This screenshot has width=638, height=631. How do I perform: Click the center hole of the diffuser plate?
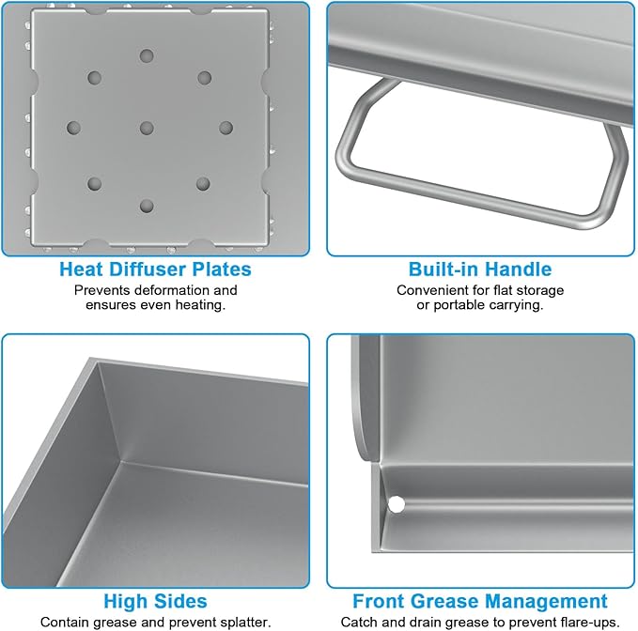tap(147, 128)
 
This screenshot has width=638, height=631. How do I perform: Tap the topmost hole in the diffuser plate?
tap(147, 55)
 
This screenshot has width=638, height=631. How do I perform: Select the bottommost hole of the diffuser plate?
tap(147, 206)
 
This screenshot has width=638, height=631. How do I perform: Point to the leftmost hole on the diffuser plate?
tap(73, 128)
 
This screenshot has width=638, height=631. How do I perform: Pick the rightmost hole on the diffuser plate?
tap(226, 128)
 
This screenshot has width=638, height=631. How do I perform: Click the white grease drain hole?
tap(396, 504)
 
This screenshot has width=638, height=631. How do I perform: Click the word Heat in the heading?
tap(81, 269)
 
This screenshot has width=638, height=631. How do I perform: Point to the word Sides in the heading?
tap(180, 601)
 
